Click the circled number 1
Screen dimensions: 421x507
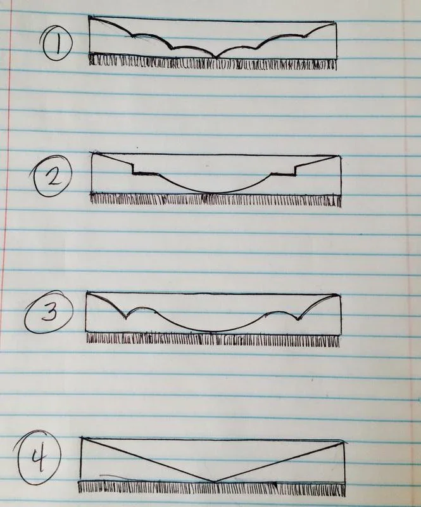coord(58,44)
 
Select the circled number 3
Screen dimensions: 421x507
coord(49,312)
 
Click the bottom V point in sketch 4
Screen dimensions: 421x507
coord(215,482)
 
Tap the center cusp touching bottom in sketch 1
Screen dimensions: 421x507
coord(217,57)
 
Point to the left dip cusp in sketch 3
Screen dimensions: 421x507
coord(127,318)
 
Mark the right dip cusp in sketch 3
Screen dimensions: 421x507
coord(298,319)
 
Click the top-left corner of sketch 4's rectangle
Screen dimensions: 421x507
coord(81,439)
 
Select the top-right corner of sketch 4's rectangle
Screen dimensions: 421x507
coord(344,442)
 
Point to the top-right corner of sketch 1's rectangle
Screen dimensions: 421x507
coord(336,22)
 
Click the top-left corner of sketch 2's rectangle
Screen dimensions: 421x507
coord(92,153)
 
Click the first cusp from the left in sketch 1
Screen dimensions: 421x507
coord(132,35)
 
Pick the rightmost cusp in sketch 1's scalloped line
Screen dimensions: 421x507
coord(304,36)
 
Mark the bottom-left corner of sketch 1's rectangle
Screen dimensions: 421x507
coord(90,53)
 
